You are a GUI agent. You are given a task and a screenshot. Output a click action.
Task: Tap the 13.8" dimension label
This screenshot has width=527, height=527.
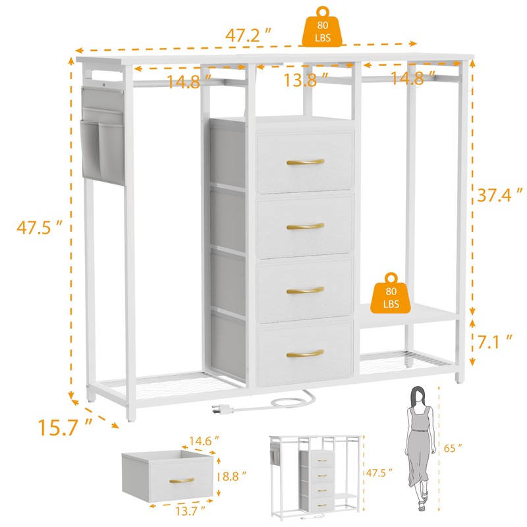click(x=305, y=80)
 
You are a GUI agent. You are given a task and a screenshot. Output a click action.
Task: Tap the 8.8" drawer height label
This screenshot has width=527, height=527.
click(x=235, y=474)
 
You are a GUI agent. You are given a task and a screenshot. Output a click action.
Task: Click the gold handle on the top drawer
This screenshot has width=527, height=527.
click(x=306, y=162)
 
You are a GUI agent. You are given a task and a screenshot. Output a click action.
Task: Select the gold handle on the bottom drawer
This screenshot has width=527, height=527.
click(x=305, y=353)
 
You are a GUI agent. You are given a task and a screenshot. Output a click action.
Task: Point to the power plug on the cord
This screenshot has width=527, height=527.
click(x=221, y=410)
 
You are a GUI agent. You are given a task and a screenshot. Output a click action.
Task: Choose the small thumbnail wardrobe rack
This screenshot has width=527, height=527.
click(x=314, y=472)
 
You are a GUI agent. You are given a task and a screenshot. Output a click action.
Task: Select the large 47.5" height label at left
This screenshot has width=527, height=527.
click(x=40, y=227)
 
